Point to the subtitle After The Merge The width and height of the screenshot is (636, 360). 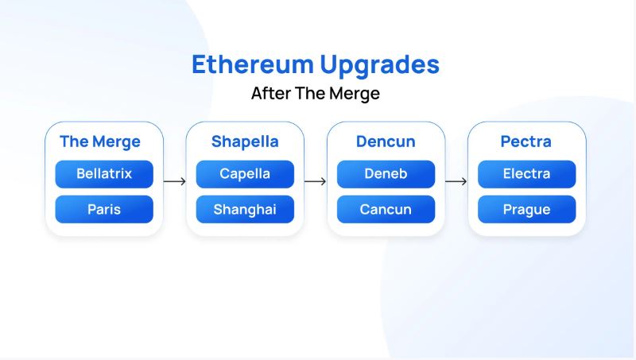(x=316, y=94)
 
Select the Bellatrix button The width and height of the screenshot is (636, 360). (x=104, y=174)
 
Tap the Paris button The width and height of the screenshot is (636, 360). (x=104, y=210)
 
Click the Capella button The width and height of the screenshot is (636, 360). (x=245, y=174)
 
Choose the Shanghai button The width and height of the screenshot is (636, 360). (x=245, y=210)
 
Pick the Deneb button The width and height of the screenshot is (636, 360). (x=386, y=174)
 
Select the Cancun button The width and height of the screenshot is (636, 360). (x=386, y=210)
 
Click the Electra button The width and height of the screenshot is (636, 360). (x=526, y=174)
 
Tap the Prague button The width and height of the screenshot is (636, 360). (x=526, y=210)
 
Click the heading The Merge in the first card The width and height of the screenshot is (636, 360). (x=100, y=142)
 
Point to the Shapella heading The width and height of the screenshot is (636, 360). (x=245, y=142)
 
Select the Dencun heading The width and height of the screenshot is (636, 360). (x=386, y=142)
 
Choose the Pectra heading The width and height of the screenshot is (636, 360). (x=526, y=142)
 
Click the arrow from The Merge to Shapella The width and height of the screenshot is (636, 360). (x=174, y=181)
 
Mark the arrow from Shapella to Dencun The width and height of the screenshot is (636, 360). (x=315, y=181)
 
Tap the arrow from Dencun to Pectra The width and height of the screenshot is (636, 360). (x=456, y=181)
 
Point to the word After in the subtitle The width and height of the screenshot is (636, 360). (x=270, y=94)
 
